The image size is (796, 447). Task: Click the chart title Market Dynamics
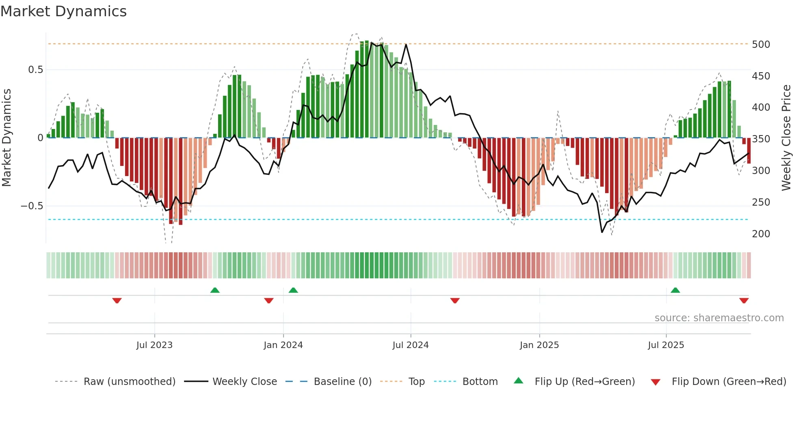click(63, 11)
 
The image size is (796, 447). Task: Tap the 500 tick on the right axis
click(761, 44)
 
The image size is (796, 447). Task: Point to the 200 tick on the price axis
click(761, 234)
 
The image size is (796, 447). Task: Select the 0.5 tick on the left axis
click(35, 70)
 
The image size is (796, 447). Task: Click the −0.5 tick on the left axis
click(32, 206)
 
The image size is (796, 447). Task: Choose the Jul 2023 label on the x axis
click(154, 345)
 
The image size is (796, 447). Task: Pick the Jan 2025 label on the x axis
click(539, 345)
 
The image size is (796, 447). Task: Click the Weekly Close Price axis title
click(786, 138)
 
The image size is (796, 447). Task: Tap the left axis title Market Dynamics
click(7, 138)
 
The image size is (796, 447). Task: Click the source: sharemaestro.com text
click(719, 318)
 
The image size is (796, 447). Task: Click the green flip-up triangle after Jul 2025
click(675, 290)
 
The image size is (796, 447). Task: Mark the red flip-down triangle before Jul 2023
click(117, 301)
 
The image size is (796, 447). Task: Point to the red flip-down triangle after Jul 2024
click(455, 301)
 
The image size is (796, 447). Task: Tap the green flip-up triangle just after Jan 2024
click(293, 290)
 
